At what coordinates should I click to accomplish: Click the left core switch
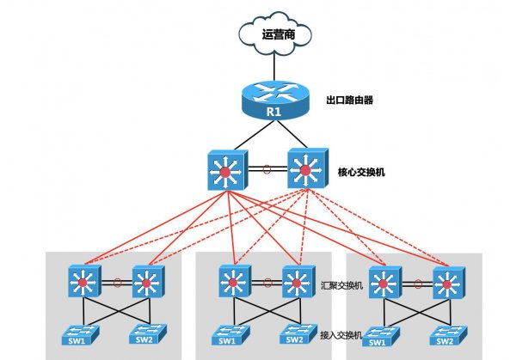click(x=226, y=172)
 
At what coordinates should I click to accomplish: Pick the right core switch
click(x=303, y=172)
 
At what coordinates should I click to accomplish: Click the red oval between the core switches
click(x=265, y=169)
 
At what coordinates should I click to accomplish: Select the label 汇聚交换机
click(x=347, y=283)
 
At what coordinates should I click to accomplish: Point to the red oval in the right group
click(x=416, y=279)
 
